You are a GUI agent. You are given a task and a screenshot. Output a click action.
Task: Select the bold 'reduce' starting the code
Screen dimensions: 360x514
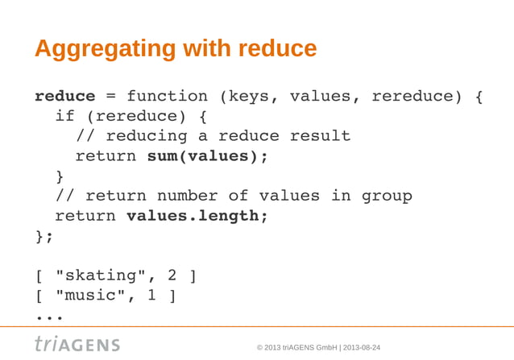64,97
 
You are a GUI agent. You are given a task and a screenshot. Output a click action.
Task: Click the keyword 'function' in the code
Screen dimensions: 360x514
167,97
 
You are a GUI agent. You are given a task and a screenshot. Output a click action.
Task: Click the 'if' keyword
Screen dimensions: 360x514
64,117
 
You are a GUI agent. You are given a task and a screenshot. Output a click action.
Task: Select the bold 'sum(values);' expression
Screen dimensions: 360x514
207,156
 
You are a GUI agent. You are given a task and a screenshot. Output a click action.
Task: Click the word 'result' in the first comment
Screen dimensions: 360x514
320,136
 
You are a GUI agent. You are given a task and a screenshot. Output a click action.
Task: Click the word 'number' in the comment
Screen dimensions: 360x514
187,196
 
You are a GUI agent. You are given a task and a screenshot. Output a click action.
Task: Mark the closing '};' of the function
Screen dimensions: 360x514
44,236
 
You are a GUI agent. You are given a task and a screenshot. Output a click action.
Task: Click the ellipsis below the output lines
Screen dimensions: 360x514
49,317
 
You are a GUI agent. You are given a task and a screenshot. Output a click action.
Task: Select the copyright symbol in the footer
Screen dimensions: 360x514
259,347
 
